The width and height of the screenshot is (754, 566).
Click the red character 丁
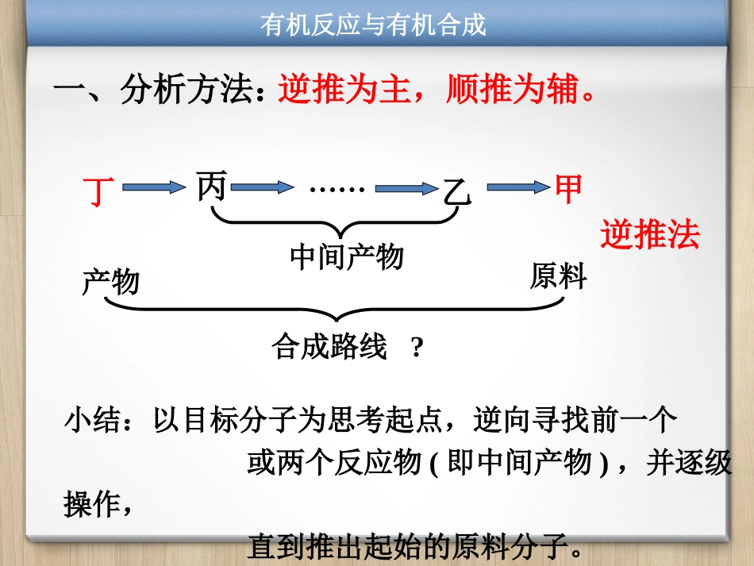tap(98, 191)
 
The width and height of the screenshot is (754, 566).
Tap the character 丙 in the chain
tap(212, 187)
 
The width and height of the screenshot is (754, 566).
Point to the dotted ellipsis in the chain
tap(337, 188)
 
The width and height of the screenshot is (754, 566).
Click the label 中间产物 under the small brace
tap(347, 256)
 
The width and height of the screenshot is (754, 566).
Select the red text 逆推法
tap(650, 234)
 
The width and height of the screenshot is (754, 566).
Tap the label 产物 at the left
tap(110, 282)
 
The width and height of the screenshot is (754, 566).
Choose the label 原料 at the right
tap(558, 276)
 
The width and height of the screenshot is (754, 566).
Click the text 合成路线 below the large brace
tap(329, 347)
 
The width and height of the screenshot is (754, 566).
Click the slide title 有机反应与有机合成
tap(373, 25)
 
